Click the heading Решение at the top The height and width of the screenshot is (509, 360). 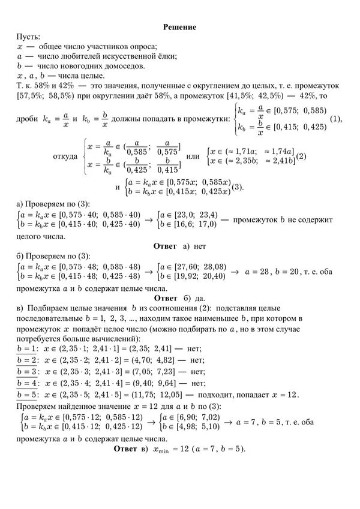[x=180, y=27]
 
